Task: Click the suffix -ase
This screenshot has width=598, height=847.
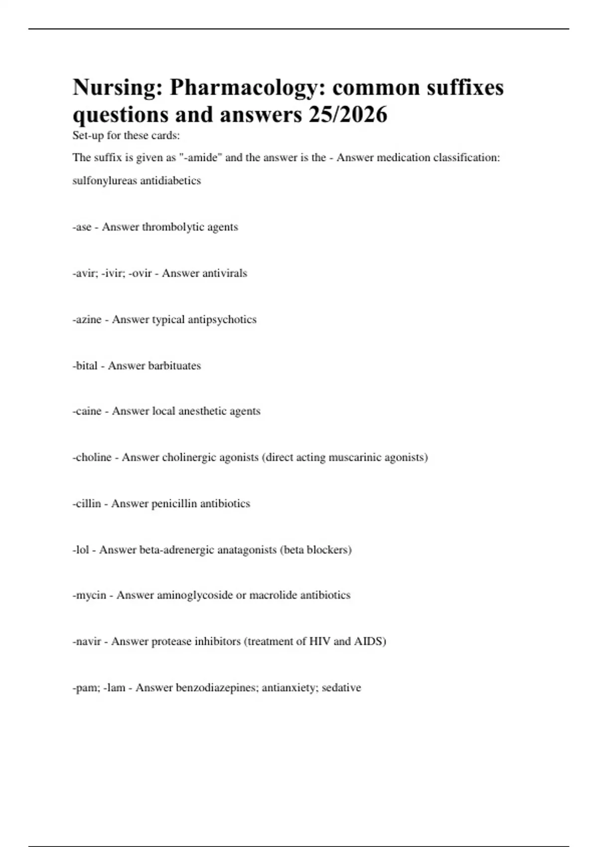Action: (x=82, y=227)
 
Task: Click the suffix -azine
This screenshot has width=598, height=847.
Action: (x=87, y=319)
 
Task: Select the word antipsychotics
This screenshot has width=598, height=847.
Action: (x=222, y=319)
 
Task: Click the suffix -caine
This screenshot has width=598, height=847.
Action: (x=87, y=411)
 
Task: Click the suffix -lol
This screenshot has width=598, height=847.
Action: (x=81, y=550)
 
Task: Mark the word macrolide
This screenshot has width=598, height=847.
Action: (x=273, y=595)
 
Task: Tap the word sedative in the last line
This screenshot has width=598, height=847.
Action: (x=341, y=688)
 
